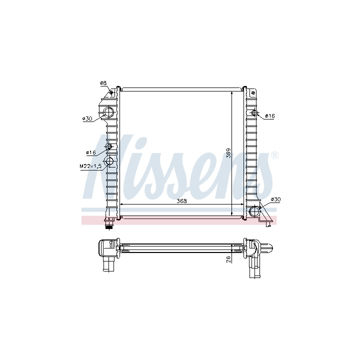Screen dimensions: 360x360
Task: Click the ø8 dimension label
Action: tap(103, 83)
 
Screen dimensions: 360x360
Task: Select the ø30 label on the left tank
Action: tap(87, 118)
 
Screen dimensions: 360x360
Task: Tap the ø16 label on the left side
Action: tap(90, 152)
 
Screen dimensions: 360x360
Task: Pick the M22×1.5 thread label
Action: tap(90, 166)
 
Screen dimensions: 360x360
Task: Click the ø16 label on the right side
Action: tap(270, 116)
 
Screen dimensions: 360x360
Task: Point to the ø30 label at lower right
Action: tap(275, 199)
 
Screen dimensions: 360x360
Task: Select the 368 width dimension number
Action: tap(181, 201)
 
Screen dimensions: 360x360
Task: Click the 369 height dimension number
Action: tap(228, 153)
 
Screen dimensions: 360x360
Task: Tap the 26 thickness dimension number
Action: tap(228, 259)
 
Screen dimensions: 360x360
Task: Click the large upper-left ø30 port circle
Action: tap(108, 112)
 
